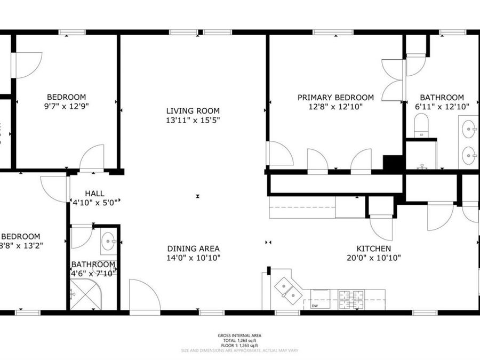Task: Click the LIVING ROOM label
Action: coord(193,111)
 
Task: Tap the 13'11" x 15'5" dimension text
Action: coord(193,120)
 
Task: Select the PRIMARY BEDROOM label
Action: coord(335,98)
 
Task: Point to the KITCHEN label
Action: coord(374,249)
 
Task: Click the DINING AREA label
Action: coord(193,249)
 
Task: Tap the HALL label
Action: coord(95,194)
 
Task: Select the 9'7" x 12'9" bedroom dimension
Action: coord(67,106)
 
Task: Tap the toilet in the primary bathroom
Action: coord(421,126)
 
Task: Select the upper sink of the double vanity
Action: coord(469,129)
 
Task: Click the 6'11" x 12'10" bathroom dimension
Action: coord(442,106)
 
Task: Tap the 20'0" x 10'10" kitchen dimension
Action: coord(374,258)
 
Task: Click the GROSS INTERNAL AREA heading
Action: coord(239,335)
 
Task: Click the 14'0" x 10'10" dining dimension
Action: coord(193,258)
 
